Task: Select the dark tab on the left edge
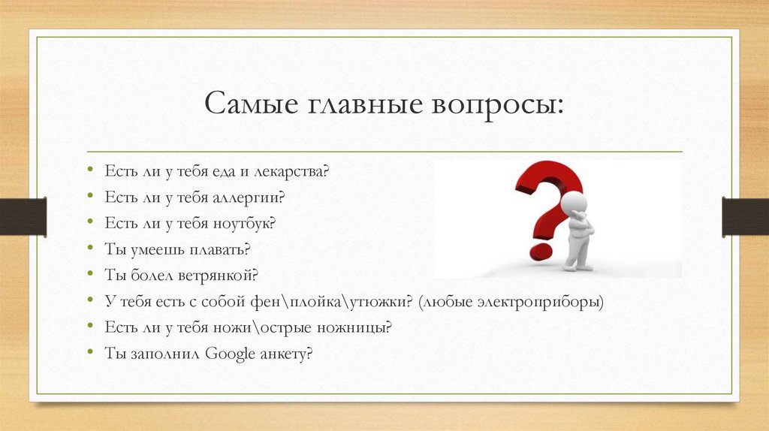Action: (23, 216)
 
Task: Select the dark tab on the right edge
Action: (745, 216)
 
